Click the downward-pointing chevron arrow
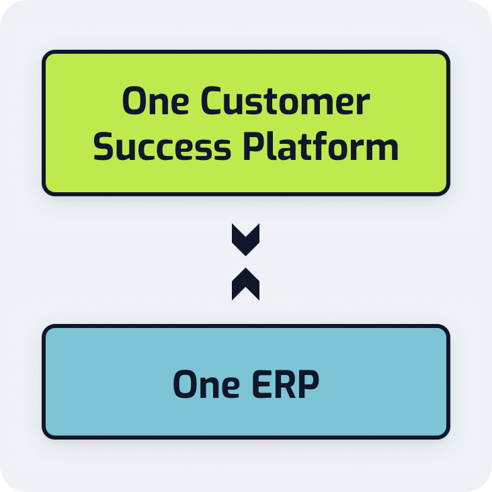(245, 239)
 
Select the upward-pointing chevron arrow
(245, 284)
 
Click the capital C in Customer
(213, 101)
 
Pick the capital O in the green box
(134, 101)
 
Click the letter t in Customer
(280, 102)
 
